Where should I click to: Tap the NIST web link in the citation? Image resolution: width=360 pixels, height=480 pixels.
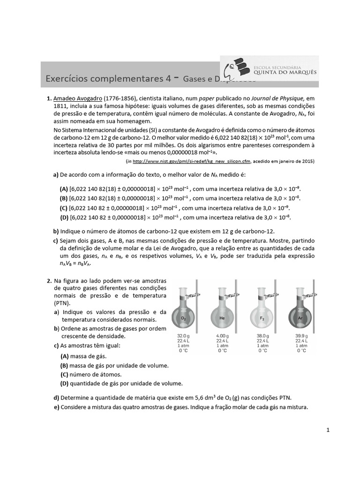point(192,161)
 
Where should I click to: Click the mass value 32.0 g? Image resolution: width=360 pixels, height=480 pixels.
point(183,336)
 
